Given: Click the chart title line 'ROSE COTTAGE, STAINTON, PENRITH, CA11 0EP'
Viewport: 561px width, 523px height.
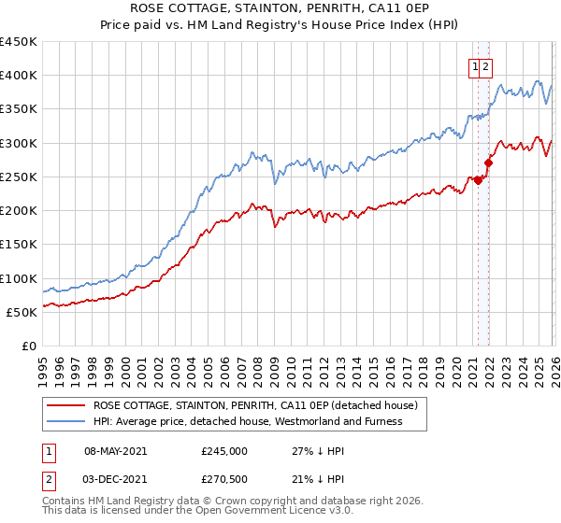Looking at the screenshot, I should [280, 9].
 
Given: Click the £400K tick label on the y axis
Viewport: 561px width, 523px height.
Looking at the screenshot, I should [19, 76].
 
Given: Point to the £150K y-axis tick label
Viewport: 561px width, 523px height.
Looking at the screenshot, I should [19, 245].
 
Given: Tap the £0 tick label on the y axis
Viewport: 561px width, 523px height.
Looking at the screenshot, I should [29, 346].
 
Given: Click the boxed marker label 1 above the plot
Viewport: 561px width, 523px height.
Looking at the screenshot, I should [476, 66].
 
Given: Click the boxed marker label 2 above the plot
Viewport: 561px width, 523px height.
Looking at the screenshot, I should [487, 66].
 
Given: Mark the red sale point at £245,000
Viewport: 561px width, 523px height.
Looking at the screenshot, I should [478, 180].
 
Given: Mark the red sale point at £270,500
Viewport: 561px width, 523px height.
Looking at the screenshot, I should [488, 163].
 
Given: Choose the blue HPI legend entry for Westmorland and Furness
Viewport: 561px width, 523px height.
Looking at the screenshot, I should [248, 421].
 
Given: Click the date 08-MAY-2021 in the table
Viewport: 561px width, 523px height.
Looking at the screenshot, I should [116, 450].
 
